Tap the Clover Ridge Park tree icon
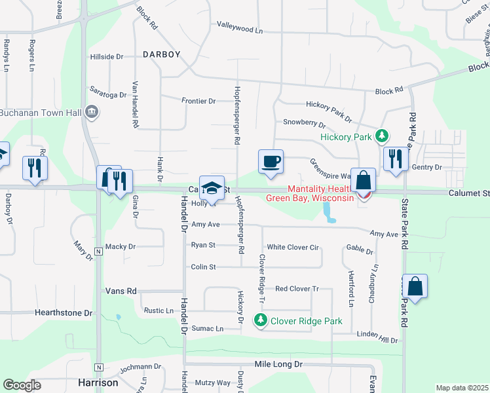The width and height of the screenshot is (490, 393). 261,320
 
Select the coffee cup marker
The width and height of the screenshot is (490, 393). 271,162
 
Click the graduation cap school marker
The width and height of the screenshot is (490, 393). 212,188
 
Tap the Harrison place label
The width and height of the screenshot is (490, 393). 98,383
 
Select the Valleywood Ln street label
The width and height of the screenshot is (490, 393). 240,30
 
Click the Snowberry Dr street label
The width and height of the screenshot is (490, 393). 304,122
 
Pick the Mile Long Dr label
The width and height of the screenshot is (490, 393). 278,364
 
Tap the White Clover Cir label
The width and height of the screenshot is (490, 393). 292,248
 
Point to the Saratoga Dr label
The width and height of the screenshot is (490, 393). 108,95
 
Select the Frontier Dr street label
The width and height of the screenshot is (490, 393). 198,101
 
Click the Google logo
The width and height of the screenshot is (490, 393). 22,385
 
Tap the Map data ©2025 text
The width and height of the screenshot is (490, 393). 462,388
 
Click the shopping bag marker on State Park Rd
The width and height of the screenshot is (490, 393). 415,287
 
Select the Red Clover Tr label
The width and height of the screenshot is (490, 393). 296,289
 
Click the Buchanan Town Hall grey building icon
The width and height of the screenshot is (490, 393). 92,112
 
